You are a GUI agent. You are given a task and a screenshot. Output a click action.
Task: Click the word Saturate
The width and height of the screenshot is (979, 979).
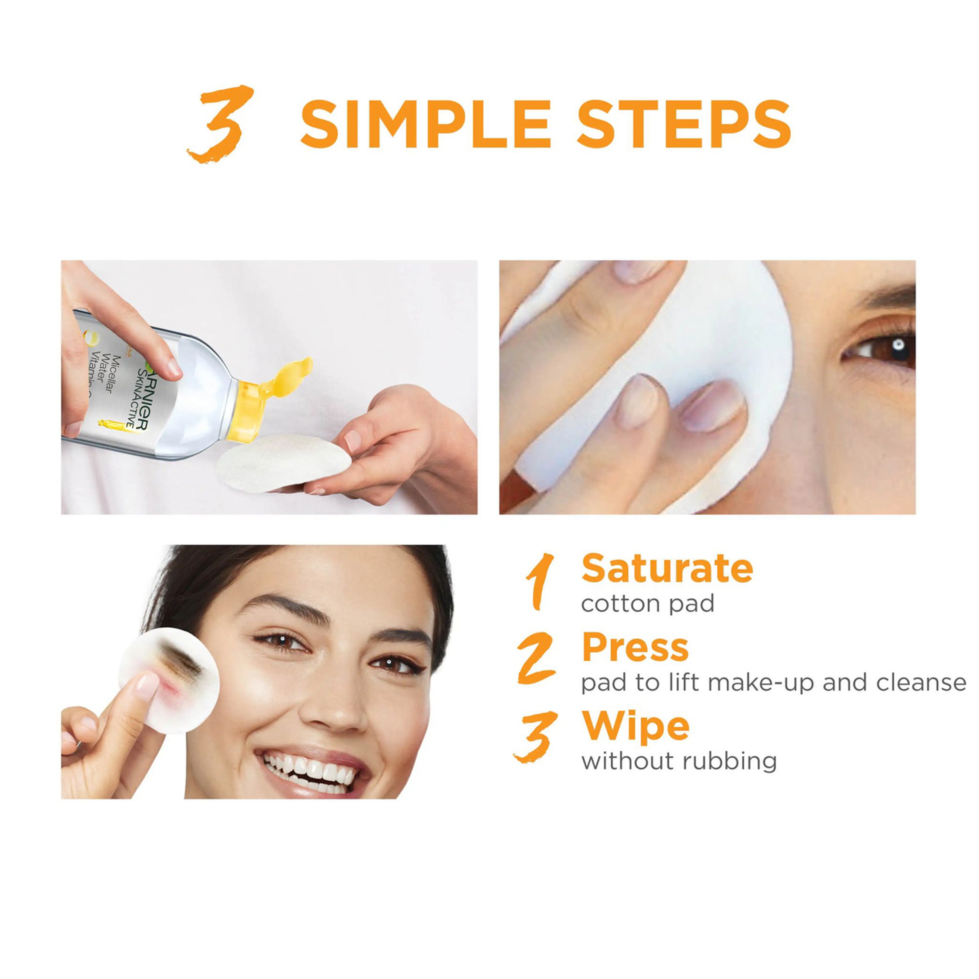pos(667,569)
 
